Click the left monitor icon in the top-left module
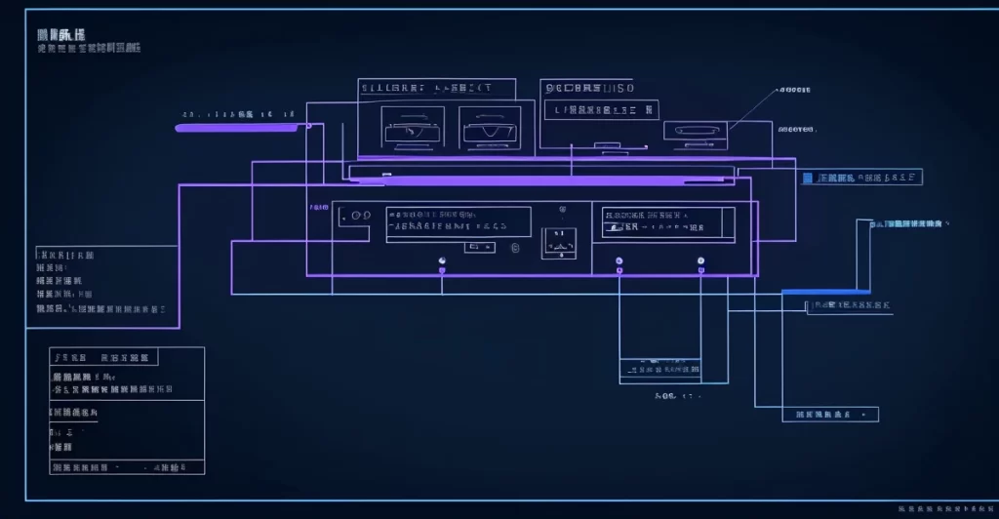pyautogui.click(x=413, y=128)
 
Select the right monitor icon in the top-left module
pyautogui.click(x=490, y=128)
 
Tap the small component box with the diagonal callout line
pyautogui.click(x=695, y=130)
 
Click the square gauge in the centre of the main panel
pyautogui.click(x=559, y=242)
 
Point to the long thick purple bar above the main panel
pyautogui.click(x=541, y=180)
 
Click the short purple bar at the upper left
pyautogui.click(x=237, y=127)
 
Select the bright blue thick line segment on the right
pyautogui.click(x=825, y=291)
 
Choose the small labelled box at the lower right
pyautogui.click(x=830, y=415)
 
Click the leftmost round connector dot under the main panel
pyautogui.click(x=442, y=260)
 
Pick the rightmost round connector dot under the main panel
pyautogui.click(x=700, y=260)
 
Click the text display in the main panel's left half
pyautogui.click(x=458, y=222)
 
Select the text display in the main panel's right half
pyautogui.click(x=668, y=223)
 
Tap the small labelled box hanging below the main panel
pyautogui.click(x=660, y=368)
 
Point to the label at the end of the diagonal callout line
pyautogui.click(x=793, y=91)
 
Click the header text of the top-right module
pyautogui.click(x=589, y=88)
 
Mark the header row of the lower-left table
pyautogui.click(x=104, y=357)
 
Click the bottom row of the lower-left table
pyautogui.click(x=127, y=466)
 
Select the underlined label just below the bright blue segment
pyautogui.click(x=847, y=306)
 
